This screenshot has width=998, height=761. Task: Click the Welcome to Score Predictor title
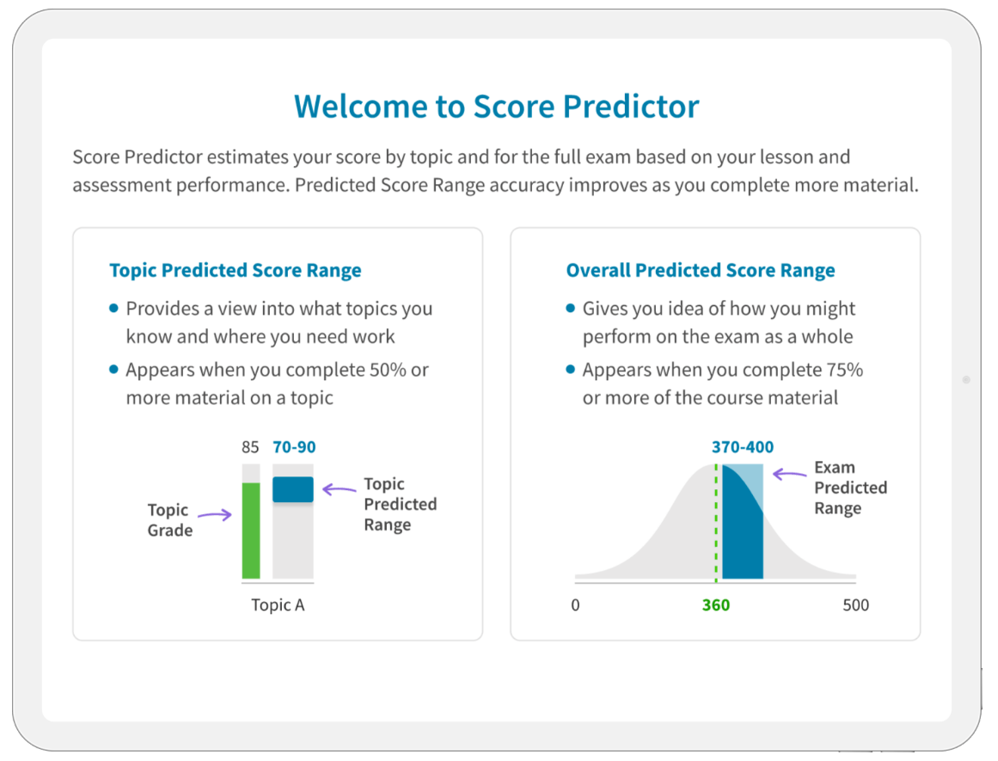click(497, 107)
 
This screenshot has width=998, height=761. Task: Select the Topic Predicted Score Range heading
click(236, 271)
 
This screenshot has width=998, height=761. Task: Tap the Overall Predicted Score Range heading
click(700, 271)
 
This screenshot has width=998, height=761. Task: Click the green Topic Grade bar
click(251, 531)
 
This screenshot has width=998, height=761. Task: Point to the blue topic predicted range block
click(293, 489)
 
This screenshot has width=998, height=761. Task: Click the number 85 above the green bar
click(250, 447)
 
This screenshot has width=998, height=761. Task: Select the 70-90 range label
click(294, 447)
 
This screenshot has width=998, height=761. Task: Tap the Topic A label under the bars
click(278, 605)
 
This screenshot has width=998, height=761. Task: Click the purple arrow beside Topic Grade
click(215, 514)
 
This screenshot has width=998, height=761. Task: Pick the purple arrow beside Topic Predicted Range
click(340, 489)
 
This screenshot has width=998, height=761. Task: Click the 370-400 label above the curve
click(742, 447)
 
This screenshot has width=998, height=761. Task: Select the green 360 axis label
click(716, 605)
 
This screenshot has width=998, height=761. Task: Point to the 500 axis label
click(855, 605)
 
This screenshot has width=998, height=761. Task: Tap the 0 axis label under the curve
click(575, 605)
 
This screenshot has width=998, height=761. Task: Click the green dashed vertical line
click(716, 523)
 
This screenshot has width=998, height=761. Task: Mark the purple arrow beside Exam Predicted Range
click(789, 474)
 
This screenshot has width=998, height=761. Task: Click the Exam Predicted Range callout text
click(850, 488)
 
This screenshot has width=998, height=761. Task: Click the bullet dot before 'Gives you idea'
click(570, 309)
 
